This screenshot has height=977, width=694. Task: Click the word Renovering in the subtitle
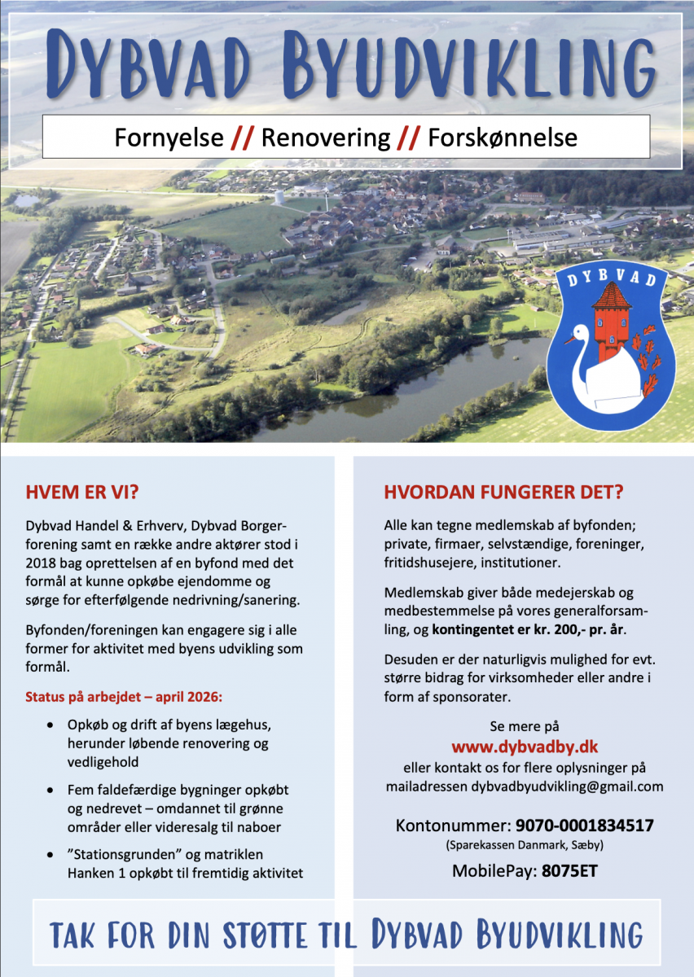click(x=326, y=138)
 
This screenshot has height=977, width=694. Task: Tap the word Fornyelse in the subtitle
click(x=169, y=138)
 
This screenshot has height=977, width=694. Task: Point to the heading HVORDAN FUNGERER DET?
click(x=503, y=493)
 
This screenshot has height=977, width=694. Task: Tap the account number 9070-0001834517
click(x=584, y=826)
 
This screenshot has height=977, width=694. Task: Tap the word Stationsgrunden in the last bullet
click(x=114, y=855)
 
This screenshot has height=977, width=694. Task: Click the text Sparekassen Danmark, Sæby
click(x=525, y=846)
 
